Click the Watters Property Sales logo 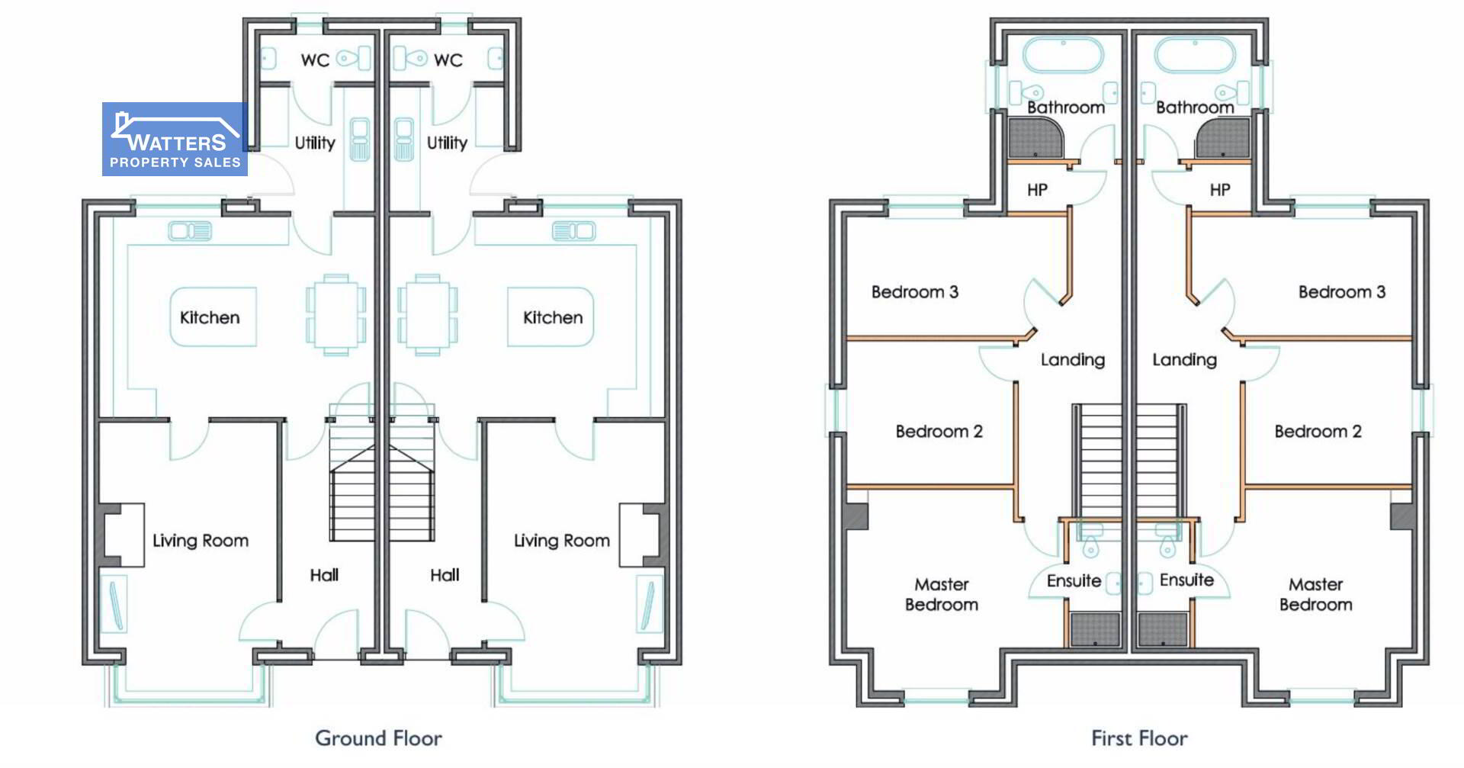[x=175, y=140]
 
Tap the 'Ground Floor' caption [x=378, y=738]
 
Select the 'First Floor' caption [x=1139, y=738]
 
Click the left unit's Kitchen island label [x=210, y=317]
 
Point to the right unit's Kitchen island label [x=553, y=317]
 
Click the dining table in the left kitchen [x=335, y=315]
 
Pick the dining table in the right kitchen [x=427, y=315]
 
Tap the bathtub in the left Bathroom [x=1062, y=56]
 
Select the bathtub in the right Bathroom [x=1195, y=56]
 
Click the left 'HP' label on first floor [x=1037, y=190]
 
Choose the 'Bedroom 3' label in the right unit [x=1342, y=292]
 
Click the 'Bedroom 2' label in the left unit [x=939, y=432]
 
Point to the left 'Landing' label [x=1073, y=360]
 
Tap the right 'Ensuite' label [x=1186, y=580]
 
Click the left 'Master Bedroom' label [x=942, y=594]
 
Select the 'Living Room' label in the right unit [x=562, y=541]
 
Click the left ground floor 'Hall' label [x=324, y=575]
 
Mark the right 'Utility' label [x=447, y=143]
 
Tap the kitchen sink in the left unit [x=190, y=230]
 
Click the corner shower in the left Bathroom [x=1034, y=138]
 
